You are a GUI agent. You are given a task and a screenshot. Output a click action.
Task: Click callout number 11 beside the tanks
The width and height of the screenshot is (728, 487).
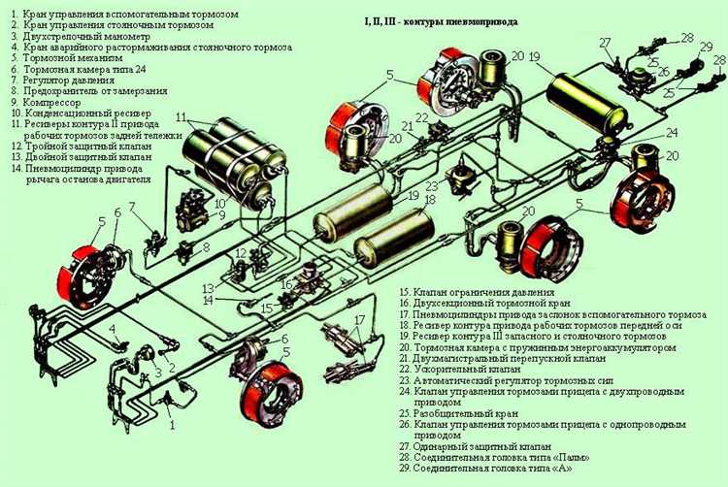[x=182, y=117]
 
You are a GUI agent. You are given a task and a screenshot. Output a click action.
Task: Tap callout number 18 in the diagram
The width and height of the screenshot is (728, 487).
[x=430, y=199]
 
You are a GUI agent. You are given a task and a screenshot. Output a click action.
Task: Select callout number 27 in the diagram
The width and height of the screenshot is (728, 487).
[x=604, y=43]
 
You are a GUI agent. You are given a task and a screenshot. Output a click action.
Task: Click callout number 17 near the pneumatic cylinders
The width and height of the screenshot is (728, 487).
[x=359, y=319]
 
